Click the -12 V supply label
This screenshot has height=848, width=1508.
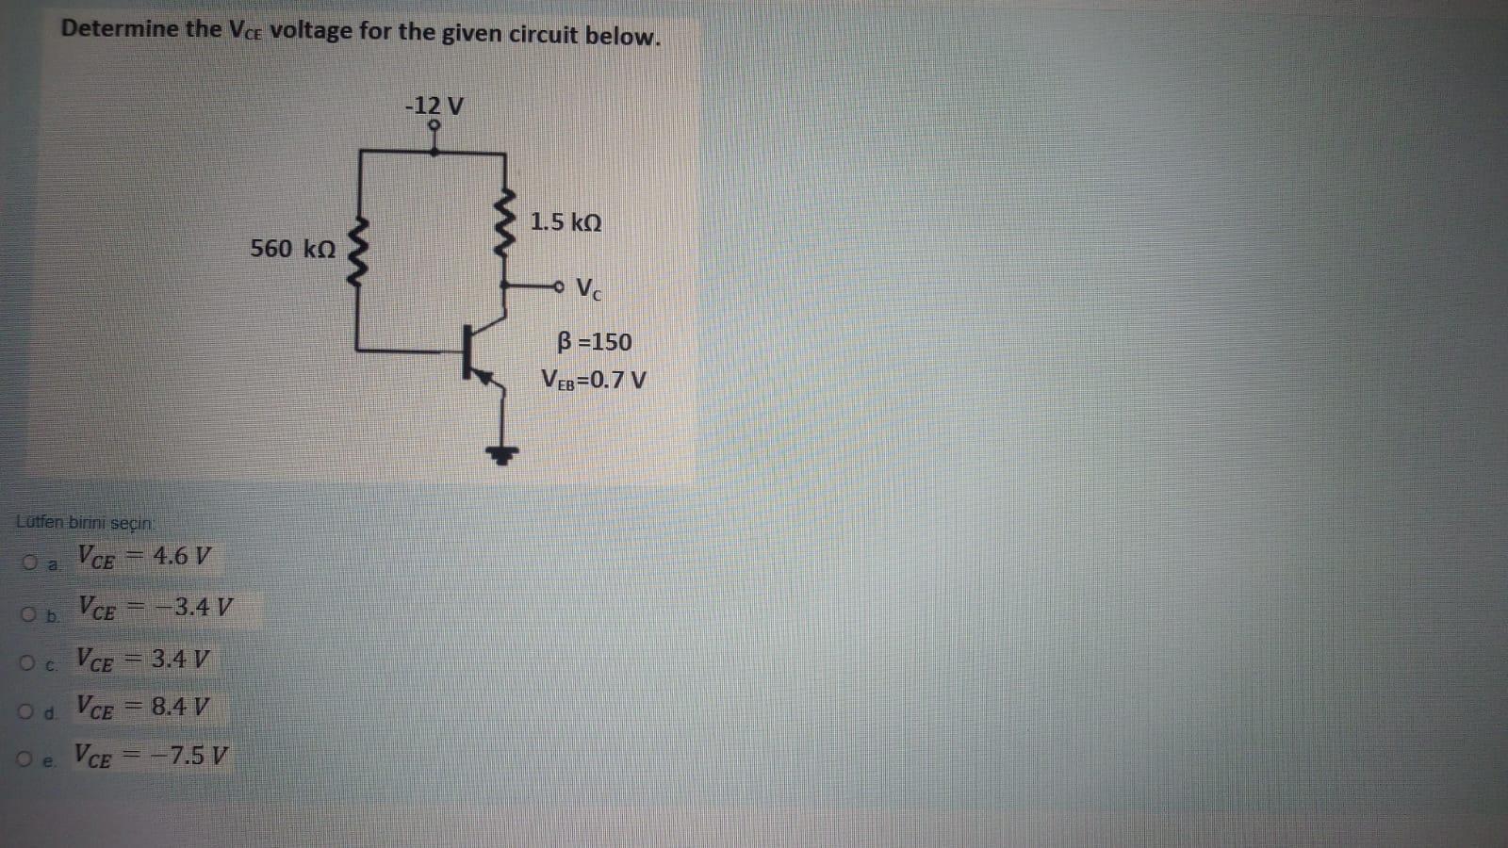click(434, 105)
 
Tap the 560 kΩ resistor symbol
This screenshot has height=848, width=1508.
click(358, 253)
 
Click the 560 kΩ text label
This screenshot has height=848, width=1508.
click(292, 249)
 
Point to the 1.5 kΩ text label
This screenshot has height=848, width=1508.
click(565, 222)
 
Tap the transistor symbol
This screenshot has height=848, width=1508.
click(476, 353)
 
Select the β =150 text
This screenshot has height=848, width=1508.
click(594, 341)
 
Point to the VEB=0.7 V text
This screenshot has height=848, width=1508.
click(594, 381)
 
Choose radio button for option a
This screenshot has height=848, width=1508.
click(29, 563)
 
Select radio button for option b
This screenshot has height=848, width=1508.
click(29, 614)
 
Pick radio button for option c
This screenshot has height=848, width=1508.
click(27, 663)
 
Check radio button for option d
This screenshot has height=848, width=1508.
click(26, 711)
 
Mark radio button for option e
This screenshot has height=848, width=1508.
click(25, 758)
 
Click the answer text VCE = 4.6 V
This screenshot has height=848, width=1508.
click(144, 557)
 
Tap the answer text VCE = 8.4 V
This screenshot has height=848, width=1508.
click(142, 707)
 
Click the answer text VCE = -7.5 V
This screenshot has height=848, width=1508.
click(151, 756)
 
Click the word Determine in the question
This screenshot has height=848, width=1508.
click(120, 28)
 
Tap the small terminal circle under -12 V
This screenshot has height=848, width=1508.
click(434, 124)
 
